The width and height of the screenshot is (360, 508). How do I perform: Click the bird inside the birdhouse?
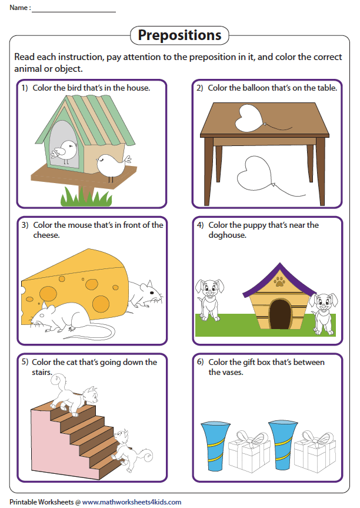(x=65, y=151)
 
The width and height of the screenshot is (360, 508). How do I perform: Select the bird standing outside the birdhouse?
(x=113, y=166)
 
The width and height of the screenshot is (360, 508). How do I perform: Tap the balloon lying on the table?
(x=251, y=118)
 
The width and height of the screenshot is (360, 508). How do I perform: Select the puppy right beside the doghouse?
(x=324, y=313)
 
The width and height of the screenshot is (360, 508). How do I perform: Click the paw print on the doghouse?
(x=279, y=281)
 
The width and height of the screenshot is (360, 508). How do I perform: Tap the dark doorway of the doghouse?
(x=280, y=314)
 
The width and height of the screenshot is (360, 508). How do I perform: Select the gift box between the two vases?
(x=249, y=451)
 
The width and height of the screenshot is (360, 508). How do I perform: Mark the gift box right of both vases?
(x=315, y=451)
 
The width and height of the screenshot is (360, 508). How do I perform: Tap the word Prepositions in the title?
(x=179, y=35)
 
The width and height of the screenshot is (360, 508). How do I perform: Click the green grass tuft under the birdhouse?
(x=86, y=196)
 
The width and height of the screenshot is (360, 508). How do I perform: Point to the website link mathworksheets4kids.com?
(x=132, y=502)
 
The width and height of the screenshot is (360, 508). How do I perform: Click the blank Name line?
(x=74, y=12)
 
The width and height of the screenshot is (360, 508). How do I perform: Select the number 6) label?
(x=201, y=362)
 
